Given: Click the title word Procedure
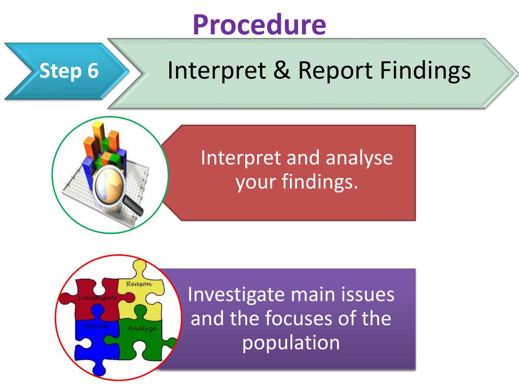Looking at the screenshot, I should coord(259,24).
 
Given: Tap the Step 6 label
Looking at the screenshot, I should coord(69,71).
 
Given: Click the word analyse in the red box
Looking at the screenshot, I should coord(359,158).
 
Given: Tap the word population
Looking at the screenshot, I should coord(290,343).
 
